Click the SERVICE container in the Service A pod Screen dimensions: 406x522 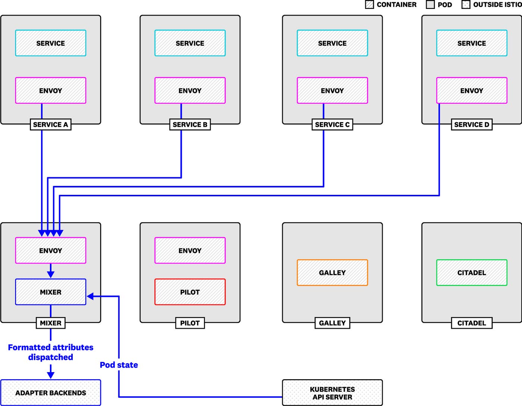(x=51, y=43)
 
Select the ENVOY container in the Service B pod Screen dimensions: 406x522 (x=190, y=91)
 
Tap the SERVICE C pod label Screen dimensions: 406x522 (x=332, y=124)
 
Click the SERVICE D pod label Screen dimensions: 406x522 (x=471, y=124)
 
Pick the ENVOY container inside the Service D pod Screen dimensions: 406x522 (x=471, y=91)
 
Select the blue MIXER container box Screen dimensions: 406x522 (x=51, y=292)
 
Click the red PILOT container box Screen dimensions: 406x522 (x=190, y=292)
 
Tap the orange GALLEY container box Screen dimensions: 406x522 (x=332, y=273)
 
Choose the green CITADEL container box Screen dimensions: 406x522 (x=471, y=273)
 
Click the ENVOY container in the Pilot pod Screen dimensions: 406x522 (x=190, y=251)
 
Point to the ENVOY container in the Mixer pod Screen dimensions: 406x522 (x=51, y=251)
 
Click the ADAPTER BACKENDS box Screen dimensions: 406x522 (x=51, y=393)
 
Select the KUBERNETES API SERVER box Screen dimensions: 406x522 (x=332, y=393)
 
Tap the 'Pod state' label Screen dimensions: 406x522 (x=119, y=365)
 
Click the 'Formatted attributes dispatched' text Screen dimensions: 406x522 (x=51, y=352)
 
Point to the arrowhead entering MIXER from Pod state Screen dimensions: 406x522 (x=91, y=296)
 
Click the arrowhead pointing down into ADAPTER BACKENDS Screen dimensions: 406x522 (x=51, y=375)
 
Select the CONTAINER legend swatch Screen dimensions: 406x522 (x=369, y=5)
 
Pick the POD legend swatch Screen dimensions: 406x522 (x=430, y=5)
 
